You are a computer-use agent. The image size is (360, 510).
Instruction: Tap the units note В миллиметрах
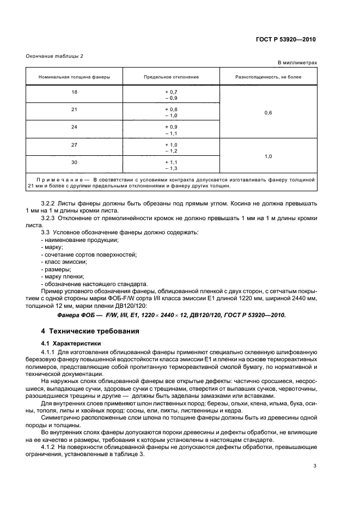[297, 63]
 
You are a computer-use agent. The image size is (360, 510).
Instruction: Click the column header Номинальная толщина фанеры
[74, 77]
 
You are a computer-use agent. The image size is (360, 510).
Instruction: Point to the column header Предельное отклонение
[171, 77]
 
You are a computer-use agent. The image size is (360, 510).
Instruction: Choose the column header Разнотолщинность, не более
[268, 77]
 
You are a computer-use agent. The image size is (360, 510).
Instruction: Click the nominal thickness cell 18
[74, 92]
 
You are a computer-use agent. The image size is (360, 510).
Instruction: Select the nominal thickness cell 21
[74, 110]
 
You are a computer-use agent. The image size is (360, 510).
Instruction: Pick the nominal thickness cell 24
[74, 127]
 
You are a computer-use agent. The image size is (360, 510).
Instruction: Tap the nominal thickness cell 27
[74, 144]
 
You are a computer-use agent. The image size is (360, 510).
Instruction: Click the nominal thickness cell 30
[74, 162]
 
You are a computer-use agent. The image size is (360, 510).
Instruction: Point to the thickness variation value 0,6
[268, 113]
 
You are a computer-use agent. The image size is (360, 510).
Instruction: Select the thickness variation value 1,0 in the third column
[268, 156]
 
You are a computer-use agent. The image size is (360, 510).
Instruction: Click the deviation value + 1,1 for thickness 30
[171, 162]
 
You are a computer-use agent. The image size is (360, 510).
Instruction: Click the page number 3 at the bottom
[315, 466]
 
